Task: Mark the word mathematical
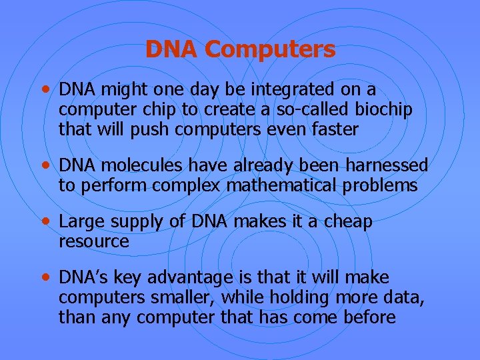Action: tap(282, 186)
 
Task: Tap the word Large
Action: tap(79, 222)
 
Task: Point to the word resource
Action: tap(94, 241)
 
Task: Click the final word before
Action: tap(370, 317)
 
